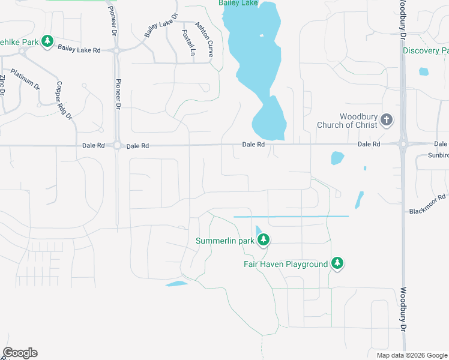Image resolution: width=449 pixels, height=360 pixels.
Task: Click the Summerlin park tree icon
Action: (x=263, y=241)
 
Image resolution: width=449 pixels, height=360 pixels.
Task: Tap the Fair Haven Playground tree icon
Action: (x=337, y=263)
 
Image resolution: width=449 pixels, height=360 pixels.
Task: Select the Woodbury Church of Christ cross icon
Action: (x=387, y=120)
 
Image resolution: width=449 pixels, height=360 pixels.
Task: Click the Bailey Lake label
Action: (x=239, y=4)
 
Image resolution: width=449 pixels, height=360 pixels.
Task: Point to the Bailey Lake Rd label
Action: (x=79, y=50)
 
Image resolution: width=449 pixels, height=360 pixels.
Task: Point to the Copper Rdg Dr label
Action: (x=64, y=100)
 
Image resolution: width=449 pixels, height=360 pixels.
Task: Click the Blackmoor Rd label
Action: (x=428, y=204)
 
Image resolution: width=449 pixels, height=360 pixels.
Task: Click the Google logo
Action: (x=20, y=353)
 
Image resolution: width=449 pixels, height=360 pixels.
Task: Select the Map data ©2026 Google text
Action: (x=411, y=355)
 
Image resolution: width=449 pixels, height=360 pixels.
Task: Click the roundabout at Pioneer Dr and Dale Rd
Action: (x=117, y=146)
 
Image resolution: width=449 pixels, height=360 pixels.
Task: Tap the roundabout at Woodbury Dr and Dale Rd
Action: (x=403, y=144)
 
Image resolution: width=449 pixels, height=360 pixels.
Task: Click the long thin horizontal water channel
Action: (x=291, y=216)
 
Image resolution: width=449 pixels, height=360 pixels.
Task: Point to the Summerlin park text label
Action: (x=225, y=241)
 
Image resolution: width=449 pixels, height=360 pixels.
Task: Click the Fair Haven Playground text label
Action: (x=286, y=264)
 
